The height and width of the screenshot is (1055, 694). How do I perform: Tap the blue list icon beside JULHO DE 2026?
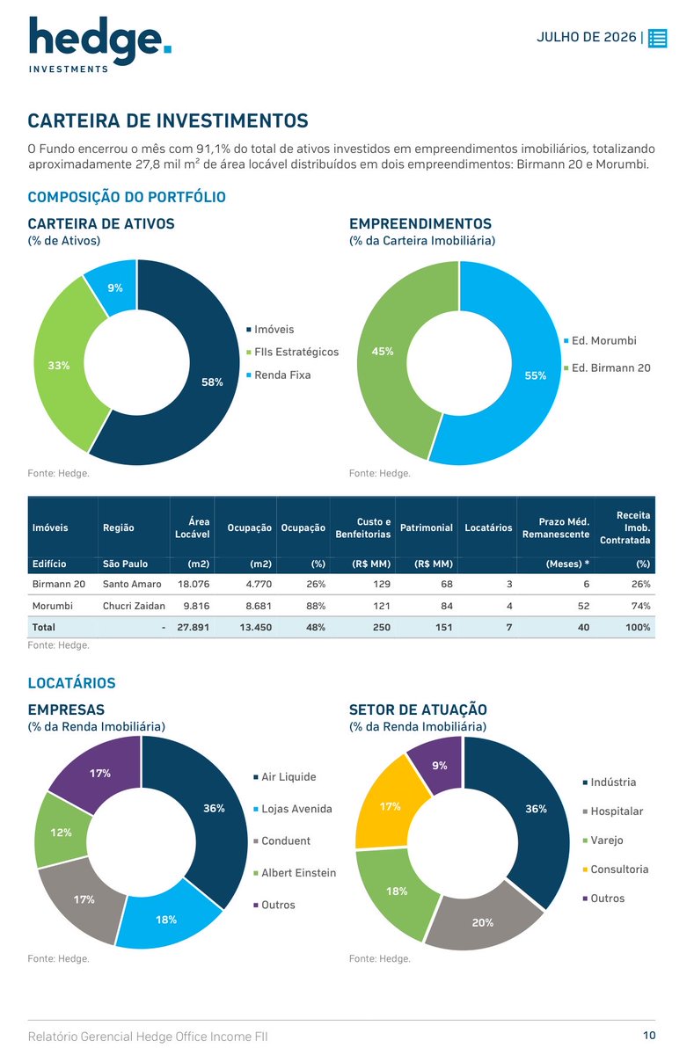[x=657, y=38]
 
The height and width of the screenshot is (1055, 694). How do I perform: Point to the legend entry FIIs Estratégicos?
[x=292, y=352]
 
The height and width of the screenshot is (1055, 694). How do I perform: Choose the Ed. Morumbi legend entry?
[x=600, y=340]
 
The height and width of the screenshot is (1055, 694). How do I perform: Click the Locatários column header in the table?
[x=488, y=527]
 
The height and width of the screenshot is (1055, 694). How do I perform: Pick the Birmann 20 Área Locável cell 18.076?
[x=194, y=584]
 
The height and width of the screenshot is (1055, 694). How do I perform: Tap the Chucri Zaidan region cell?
[x=134, y=606]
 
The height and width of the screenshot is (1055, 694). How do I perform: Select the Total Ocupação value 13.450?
[x=255, y=628]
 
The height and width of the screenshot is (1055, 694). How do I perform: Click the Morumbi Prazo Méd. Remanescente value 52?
[x=583, y=606]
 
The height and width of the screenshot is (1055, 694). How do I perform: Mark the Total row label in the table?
[x=43, y=628]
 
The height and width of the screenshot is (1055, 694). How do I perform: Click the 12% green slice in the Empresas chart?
[x=62, y=833]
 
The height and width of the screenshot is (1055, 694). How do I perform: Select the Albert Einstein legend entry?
[x=295, y=873]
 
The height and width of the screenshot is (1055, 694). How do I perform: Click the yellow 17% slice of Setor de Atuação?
[x=391, y=808]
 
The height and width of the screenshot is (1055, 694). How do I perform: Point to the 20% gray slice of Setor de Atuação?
[x=483, y=920]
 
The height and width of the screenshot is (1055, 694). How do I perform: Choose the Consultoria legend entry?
[x=616, y=869]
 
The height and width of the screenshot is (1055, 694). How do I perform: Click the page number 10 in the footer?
[x=649, y=1036]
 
